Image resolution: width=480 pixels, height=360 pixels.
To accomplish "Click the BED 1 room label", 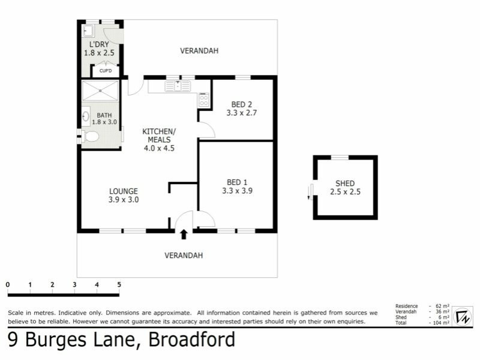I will pos(237,182).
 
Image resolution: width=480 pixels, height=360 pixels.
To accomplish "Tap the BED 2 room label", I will pos(242,104).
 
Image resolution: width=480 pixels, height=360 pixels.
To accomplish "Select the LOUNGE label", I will pos(124,192).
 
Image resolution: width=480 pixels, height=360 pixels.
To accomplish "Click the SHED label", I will pos(345,184).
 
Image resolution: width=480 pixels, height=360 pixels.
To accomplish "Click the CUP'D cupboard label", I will pos(106,71).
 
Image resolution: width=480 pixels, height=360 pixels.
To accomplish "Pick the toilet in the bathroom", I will pos(91,137).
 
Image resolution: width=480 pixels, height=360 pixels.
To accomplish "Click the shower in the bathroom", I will pos(101,91).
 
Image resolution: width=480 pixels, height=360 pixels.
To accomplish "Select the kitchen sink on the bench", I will pos(178,86).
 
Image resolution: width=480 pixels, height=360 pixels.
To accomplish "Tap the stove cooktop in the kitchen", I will pos(203,100).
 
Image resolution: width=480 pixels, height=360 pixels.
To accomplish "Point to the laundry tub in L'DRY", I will pos(88,29).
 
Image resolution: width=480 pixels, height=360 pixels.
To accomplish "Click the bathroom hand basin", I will pos(86,116).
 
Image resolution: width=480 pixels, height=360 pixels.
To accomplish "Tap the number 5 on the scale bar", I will pos(119,284).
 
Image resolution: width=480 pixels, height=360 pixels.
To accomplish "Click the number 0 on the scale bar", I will pos(8,284).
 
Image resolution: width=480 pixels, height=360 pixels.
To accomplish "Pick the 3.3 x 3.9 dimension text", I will pos(237,191).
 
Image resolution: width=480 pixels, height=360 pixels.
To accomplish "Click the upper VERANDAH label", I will pos(199,51).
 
